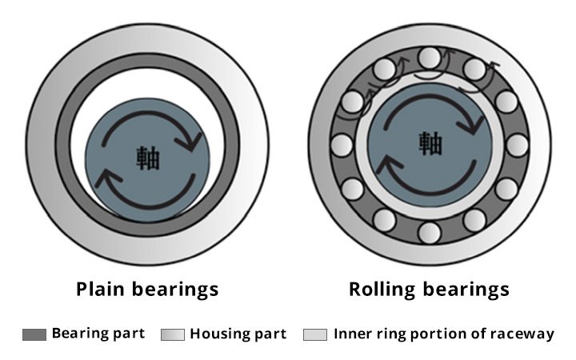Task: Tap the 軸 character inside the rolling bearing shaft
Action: [x=429, y=142]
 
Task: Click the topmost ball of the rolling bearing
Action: [x=430, y=57]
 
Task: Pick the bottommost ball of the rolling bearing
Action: [x=430, y=233]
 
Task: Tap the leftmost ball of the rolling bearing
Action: [x=342, y=145]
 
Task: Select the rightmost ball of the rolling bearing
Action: [x=518, y=145]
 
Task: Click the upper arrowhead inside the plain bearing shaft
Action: [x=192, y=142]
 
